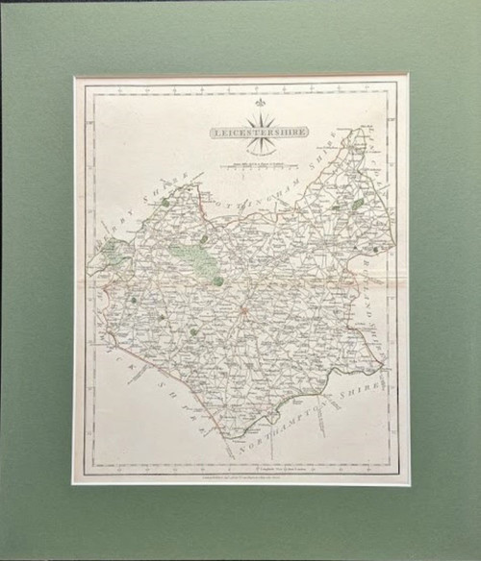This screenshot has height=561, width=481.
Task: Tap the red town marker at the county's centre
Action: pyautogui.click(x=244, y=309)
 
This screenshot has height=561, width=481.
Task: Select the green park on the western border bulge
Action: pyautogui.click(x=112, y=254)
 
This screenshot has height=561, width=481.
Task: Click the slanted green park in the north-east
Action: pyautogui.click(x=357, y=205)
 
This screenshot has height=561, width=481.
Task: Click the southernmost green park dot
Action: pyautogui.click(x=193, y=331)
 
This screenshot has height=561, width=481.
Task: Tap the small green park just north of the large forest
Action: pyautogui.click(x=204, y=239)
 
